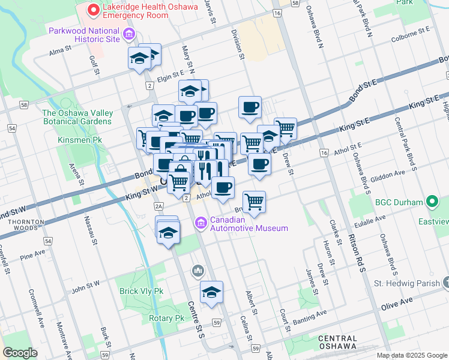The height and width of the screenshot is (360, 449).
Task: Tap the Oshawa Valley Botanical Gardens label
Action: tap(77, 117)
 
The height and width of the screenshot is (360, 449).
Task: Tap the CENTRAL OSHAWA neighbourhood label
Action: tap(338, 343)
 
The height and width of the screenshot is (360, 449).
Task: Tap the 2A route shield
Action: tap(158, 206)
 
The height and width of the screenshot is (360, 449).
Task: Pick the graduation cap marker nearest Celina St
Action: tap(211, 292)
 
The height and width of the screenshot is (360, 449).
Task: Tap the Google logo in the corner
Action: tap(20, 352)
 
